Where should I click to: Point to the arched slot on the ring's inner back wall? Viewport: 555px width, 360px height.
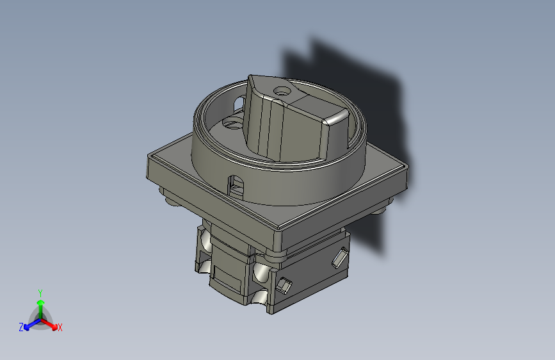click(239, 102)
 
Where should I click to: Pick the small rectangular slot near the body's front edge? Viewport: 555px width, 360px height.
click(285, 284)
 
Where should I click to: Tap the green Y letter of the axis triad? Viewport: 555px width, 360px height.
click(40, 291)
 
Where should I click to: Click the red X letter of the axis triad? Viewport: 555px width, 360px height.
click(60, 328)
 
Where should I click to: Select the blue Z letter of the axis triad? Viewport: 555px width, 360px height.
click(21, 327)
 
